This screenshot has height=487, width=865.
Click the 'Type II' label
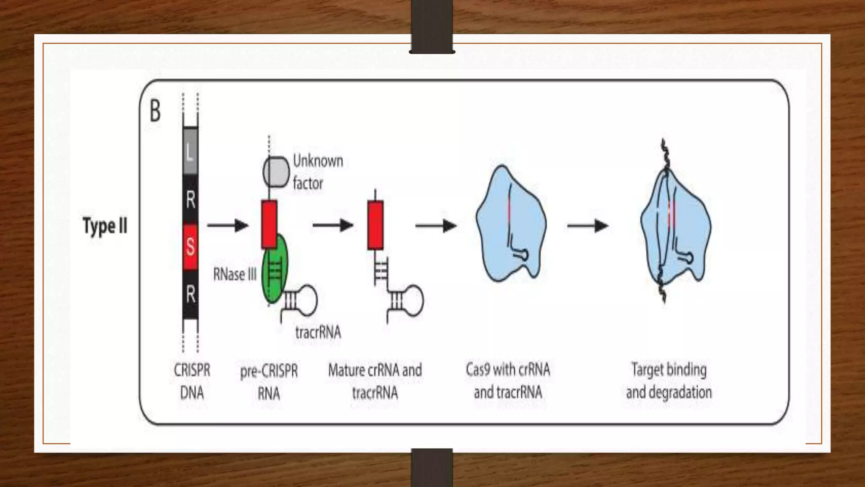[105, 226]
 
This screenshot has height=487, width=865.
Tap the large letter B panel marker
[155, 111]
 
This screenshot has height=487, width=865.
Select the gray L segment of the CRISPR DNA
[190, 151]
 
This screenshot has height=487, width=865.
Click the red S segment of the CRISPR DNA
[190, 246]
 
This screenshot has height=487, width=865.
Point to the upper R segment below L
[190, 199]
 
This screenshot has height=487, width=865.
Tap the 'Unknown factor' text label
[318, 172]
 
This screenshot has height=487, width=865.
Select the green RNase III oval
[275, 271]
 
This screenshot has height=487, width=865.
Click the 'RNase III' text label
[235, 274]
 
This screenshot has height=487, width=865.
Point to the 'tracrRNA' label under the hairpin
[318, 332]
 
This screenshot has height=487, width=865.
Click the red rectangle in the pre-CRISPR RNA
[269, 224]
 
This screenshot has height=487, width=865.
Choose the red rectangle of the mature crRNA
[375, 225]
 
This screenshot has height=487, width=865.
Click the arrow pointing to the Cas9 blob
[436, 226]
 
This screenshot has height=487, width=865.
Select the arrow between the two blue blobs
[588, 226]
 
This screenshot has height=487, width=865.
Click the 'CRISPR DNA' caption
[192, 381]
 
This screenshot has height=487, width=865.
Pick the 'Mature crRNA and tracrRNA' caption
[375, 381]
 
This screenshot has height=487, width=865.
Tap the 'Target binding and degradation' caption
[669, 380]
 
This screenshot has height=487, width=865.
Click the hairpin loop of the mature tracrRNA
[413, 300]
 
